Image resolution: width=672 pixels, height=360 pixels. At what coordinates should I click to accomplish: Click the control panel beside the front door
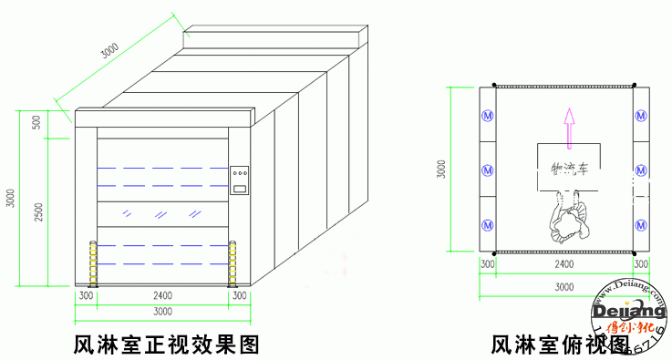(240, 180)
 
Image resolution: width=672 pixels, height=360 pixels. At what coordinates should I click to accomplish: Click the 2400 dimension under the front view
(163, 296)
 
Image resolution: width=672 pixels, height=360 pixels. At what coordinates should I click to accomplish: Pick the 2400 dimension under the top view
(564, 265)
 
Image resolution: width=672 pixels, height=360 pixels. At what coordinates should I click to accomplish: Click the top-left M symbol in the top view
(487, 116)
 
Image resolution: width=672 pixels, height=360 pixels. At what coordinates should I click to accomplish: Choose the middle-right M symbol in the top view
(642, 170)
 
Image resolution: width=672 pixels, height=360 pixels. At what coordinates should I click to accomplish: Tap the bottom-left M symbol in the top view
(487, 224)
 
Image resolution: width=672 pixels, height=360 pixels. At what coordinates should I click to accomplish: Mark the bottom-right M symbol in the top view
(642, 224)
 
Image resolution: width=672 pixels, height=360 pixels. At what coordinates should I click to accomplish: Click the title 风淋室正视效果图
(168, 345)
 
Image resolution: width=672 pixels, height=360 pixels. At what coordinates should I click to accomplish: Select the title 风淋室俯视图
(560, 345)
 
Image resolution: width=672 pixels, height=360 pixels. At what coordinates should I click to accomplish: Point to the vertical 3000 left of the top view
(441, 170)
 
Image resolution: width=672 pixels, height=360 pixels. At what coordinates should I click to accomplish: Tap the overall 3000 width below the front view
(163, 313)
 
